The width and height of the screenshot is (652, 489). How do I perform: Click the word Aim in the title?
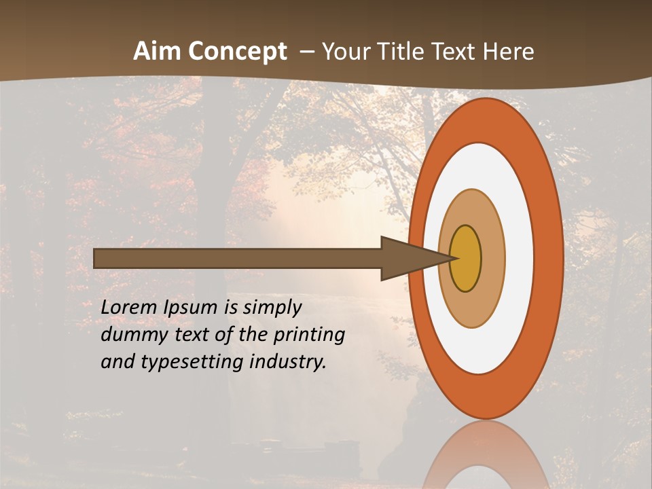click(157, 52)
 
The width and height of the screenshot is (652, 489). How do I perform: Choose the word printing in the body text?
click(311, 335)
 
